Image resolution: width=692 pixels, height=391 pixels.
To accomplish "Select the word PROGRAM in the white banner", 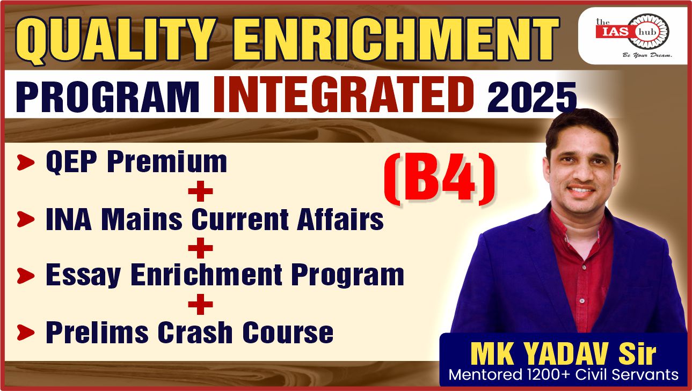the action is (107, 97).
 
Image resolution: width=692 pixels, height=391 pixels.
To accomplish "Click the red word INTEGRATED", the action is (343, 94).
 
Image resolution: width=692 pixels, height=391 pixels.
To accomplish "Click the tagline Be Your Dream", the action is (647, 55).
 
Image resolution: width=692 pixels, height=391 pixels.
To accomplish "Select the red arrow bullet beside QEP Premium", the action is (26, 163).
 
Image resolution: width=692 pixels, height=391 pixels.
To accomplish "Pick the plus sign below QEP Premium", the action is (200, 191).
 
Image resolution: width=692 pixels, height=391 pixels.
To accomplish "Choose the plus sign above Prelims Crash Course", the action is (200, 304).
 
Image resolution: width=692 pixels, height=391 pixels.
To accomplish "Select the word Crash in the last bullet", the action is (195, 332).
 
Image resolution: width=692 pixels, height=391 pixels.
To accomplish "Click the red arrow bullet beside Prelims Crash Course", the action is (26, 333).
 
